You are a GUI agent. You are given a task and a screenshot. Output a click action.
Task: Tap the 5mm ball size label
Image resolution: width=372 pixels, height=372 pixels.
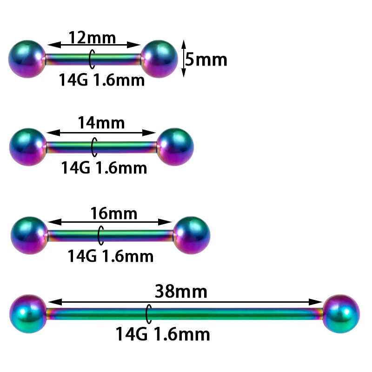click(x=206, y=60)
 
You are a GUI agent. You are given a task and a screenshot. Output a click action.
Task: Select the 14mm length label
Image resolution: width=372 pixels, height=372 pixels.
click(x=101, y=123)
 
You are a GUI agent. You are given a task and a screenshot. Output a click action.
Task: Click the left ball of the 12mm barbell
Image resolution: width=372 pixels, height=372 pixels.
click(x=27, y=59)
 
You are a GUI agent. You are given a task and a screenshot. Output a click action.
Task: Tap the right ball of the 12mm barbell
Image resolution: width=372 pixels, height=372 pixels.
click(x=159, y=59)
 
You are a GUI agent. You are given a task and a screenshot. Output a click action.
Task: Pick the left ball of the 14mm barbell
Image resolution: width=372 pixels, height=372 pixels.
click(x=28, y=146)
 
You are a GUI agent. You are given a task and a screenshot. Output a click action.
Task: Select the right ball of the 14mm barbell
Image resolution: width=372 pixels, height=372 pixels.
click(x=174, y=146)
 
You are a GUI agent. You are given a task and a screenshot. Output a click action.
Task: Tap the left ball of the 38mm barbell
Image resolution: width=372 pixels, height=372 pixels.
click(x=28, y=314)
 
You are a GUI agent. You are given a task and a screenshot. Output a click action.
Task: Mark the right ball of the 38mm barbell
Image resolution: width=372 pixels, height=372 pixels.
click(x=341, y=314)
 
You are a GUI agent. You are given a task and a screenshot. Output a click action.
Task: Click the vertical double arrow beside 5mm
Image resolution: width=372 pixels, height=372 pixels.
click(x=183, y=59)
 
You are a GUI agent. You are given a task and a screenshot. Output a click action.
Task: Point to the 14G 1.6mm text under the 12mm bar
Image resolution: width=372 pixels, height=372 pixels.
click(x=101, y=80)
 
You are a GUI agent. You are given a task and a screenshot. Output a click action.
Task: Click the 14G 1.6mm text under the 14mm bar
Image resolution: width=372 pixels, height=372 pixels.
click(x=104, y=167)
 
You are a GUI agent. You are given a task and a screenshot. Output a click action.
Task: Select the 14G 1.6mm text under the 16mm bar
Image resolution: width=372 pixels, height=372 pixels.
click(x=111, y=255)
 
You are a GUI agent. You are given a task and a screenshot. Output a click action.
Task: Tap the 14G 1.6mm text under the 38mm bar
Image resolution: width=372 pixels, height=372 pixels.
click(x=163, y=333)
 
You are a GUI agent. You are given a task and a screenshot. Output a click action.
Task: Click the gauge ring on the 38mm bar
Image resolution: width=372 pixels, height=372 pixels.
click(x=149, y=314)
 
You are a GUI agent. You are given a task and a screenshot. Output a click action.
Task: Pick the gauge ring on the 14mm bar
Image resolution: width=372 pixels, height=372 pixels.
click(x=94, y=146)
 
